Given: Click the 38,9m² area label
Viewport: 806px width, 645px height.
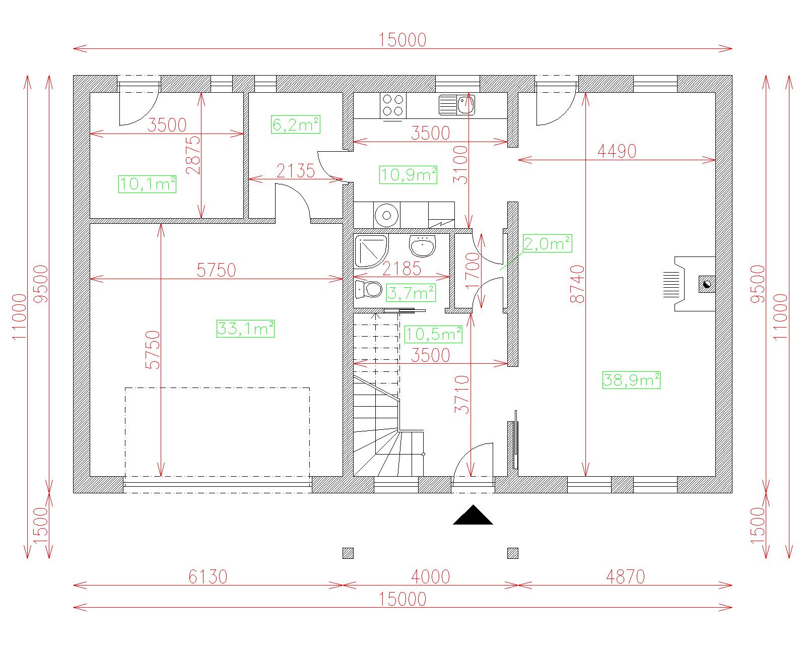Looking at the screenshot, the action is pos(631,380).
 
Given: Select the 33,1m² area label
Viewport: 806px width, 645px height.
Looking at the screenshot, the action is pos(245,329).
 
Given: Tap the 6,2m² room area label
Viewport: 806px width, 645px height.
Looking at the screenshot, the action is pos(296,124).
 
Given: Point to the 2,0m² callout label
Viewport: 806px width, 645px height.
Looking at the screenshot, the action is pos(547,243).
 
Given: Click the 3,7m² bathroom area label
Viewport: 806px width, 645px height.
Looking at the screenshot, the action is pos(411,293).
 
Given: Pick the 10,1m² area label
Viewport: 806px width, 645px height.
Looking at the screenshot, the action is pos(147,183).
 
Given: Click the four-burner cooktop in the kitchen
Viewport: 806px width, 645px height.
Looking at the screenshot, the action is pos(393,106).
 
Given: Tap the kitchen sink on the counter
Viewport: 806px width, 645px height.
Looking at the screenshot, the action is pos(457,105).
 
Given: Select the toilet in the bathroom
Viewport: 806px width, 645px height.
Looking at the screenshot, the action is pos(368,289).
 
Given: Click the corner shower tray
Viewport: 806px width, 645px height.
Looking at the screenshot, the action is pos(371,251).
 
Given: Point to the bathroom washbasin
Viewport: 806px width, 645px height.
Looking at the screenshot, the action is pos(423,246).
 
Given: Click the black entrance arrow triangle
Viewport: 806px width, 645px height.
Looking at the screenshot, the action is pos(473,515).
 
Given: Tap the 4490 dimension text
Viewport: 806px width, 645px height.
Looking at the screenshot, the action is pos(617,151).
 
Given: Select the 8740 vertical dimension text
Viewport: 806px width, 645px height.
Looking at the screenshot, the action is pos(577,284).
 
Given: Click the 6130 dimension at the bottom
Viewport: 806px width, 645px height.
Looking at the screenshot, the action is pos(208,577).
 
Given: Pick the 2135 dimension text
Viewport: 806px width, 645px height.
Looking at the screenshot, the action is pos(296,171).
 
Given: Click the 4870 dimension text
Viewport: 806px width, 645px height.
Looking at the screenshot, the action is pos(626,577).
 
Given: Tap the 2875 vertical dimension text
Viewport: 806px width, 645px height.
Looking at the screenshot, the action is pos(193,155).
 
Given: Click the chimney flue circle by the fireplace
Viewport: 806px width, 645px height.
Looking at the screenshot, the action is pos(707,284).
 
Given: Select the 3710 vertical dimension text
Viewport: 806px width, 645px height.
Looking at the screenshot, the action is pos(462,394).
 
